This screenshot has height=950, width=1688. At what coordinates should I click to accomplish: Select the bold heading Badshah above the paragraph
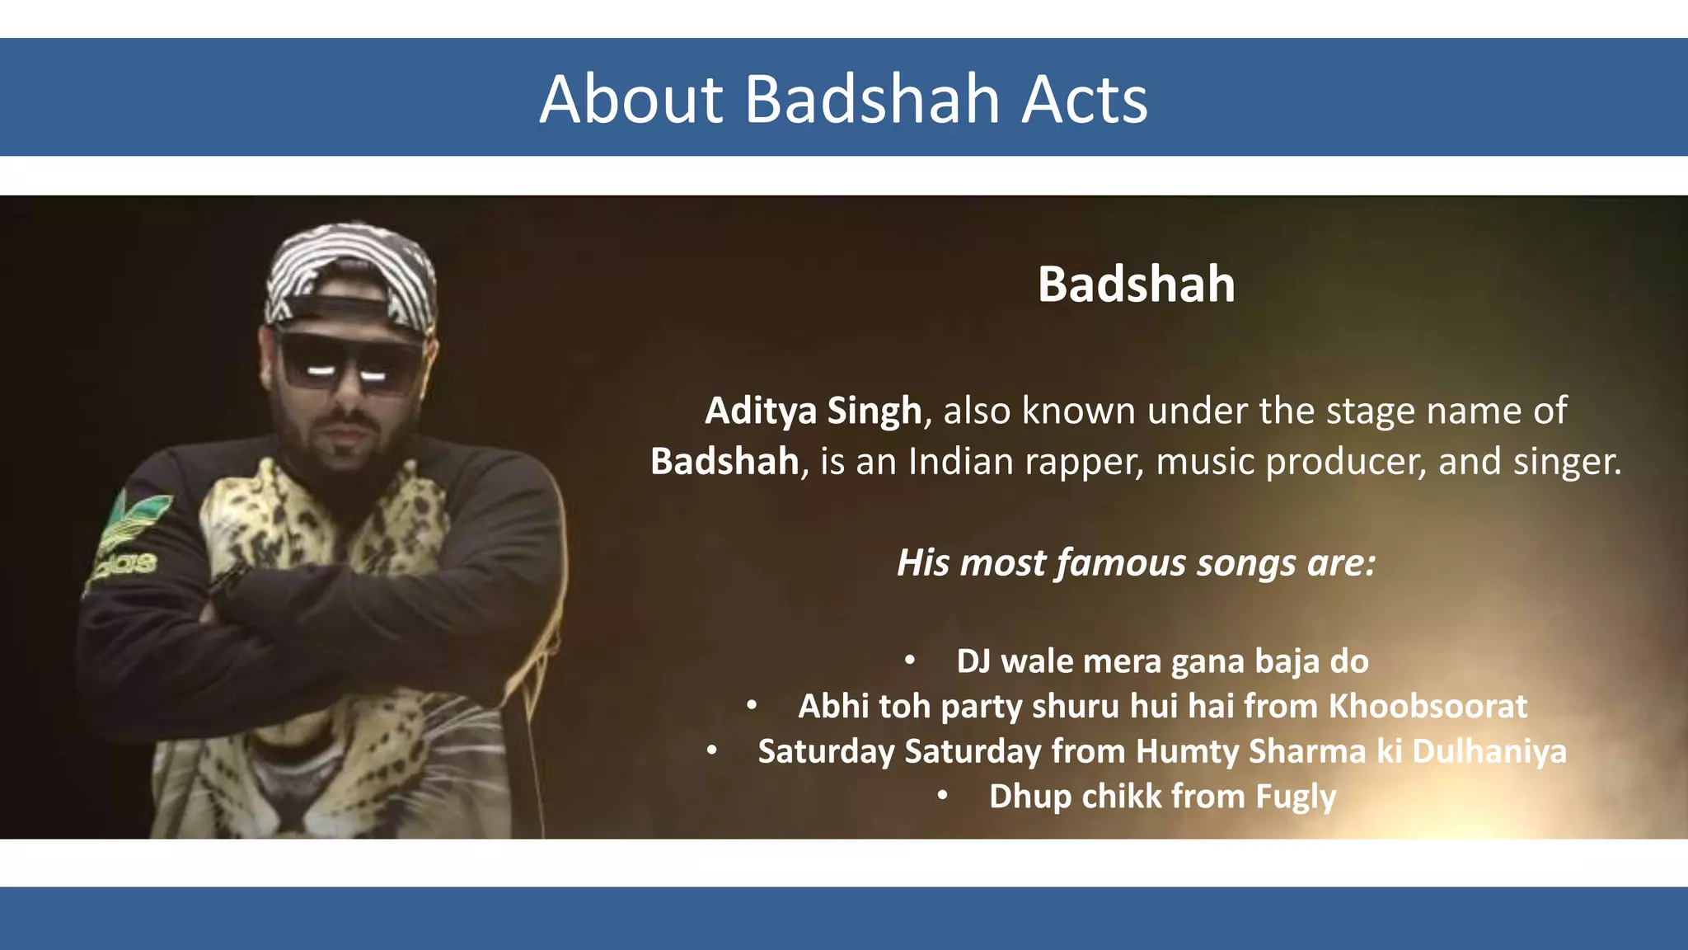(1136, 285)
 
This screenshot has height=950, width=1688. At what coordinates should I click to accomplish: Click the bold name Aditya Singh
(813, 411)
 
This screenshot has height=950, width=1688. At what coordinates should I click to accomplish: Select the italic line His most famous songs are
(1136, 563)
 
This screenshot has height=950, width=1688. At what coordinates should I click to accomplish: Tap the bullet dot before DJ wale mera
(909, 661)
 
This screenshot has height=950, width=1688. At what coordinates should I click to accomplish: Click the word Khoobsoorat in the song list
(1428, 707)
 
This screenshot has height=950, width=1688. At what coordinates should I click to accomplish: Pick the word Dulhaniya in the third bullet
(1489, 752)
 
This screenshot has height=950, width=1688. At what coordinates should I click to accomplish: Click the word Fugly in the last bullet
(1295, 797)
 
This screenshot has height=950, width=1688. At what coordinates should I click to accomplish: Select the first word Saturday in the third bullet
(826, 752)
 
